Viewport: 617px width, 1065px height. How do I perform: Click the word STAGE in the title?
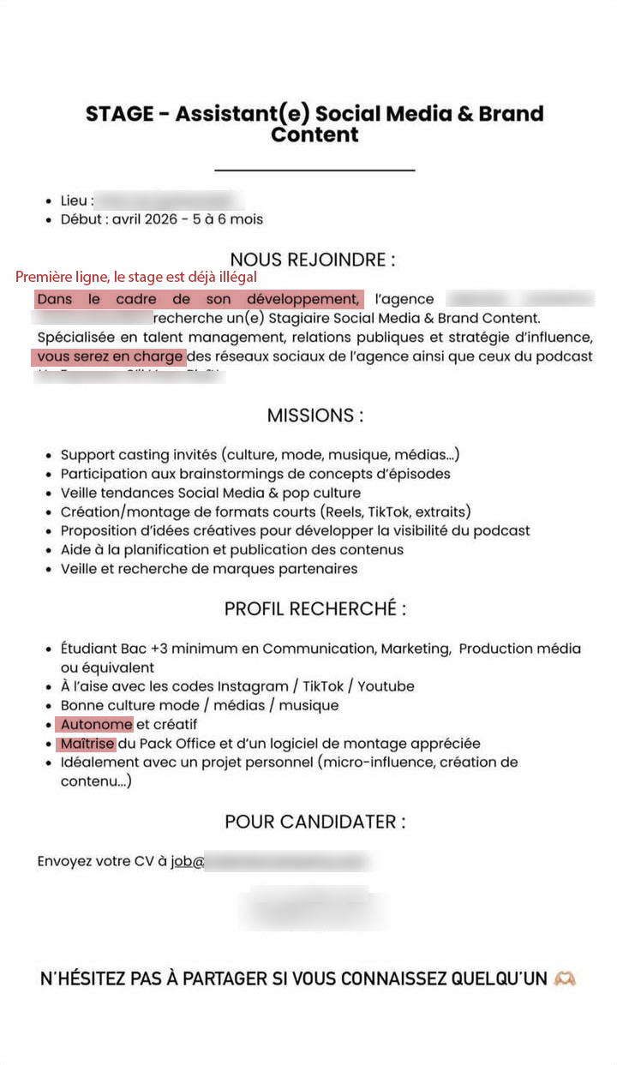click(119, 114)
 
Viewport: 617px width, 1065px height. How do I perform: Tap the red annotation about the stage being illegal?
click(136, 278)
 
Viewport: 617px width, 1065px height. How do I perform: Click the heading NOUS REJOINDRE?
click(313, 260)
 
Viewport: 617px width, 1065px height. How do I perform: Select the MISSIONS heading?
click(314, 416)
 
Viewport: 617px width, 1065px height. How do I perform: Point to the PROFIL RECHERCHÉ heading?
click(314, 609)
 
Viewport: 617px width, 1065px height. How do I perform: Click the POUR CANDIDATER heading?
click(314, 822)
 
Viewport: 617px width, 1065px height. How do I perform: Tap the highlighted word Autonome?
click(96, 724)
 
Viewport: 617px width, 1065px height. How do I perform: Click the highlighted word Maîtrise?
click(87, 743)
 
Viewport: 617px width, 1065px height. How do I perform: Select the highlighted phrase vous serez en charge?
click(110, 356)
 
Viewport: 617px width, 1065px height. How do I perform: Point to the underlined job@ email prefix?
click(187, 862)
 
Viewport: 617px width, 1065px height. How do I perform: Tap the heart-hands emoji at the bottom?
click(565, 978)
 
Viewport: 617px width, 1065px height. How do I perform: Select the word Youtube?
click(386, 686)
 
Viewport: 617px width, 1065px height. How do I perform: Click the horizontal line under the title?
click(314, 170)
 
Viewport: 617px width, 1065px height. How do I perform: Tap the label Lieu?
click(74, 200)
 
